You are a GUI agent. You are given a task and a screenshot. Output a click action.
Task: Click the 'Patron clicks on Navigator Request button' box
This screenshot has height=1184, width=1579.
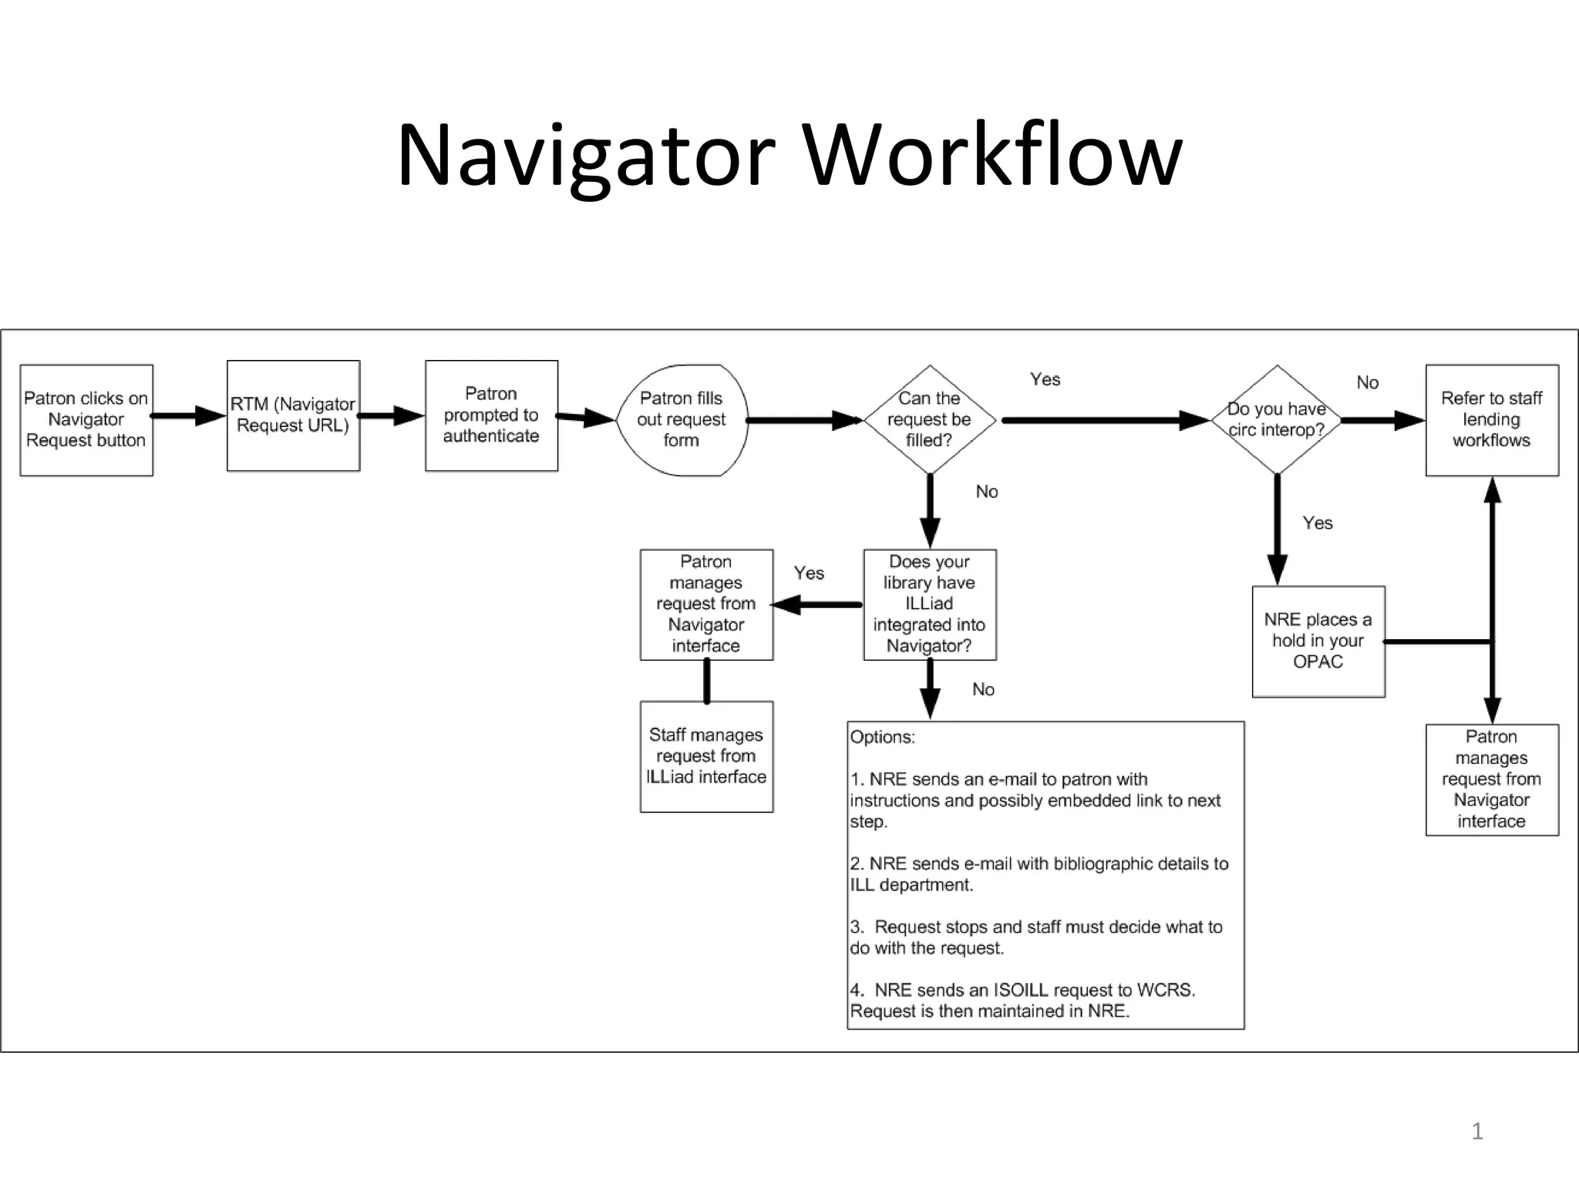click(86, 420)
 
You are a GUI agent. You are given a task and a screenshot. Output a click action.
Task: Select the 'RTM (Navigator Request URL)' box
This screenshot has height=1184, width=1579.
click(293, 415)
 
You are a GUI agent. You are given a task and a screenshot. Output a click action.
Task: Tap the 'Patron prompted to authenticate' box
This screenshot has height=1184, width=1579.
click(491, 415)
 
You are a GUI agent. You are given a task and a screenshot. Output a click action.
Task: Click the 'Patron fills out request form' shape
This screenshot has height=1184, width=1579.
click(682, 420)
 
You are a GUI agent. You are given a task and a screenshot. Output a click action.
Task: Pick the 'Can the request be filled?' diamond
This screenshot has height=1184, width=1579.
click(929, 420)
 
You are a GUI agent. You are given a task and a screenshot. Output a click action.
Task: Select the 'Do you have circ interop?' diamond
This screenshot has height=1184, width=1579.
click(1277, 420)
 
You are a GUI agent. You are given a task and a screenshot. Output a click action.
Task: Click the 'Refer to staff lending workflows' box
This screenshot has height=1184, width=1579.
click(1492, 420)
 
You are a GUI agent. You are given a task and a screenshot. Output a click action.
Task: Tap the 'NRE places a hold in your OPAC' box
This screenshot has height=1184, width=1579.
click(1318, 641)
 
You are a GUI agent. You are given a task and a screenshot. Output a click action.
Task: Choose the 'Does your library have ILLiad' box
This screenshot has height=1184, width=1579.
click(929, 604)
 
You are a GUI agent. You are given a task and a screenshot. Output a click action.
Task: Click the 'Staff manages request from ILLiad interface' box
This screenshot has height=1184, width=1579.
click(706, 756)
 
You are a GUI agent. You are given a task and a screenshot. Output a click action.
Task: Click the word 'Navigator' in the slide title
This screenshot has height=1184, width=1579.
click(586, 156)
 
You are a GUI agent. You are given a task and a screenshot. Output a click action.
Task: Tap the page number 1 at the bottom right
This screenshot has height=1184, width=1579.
click(1477, 1132)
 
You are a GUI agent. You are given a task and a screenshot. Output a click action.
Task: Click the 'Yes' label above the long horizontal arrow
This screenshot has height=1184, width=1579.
click(1045, 379)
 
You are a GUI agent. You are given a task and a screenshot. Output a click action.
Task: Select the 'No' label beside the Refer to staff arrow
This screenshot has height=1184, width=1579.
click(1367, 382)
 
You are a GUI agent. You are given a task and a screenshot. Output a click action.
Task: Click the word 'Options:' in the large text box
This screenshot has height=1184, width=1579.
click(883, 737)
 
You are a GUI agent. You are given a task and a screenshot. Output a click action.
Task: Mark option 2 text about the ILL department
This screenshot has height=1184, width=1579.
click(1038, 874)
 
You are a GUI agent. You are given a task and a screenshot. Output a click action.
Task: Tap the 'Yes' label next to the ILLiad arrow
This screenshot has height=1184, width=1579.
click(809, 573)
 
